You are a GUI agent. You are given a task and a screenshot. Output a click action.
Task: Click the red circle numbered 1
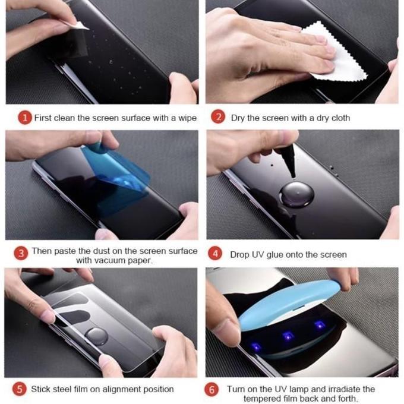tap(24, 118)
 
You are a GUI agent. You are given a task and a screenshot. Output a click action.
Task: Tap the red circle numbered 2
tap(218, 118)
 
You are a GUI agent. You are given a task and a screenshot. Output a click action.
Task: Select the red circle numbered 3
tap(21, 254)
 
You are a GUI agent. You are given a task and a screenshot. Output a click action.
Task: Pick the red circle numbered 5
tap(21, 389)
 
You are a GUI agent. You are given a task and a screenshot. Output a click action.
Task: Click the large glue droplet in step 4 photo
tap(297, 195)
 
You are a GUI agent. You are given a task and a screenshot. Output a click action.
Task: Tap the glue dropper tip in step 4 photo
tap(291, 171)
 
